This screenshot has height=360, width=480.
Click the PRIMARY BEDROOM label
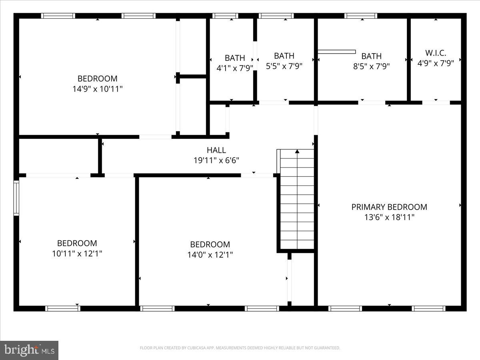389,207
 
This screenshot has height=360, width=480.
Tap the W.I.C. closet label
436,53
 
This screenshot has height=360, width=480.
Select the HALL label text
216,150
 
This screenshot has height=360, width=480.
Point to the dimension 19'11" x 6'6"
216,160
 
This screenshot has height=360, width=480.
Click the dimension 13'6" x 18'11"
389,217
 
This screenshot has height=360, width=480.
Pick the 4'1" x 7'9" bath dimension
234,68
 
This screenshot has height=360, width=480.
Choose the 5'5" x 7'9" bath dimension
284,66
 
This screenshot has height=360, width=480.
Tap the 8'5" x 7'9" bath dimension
371,66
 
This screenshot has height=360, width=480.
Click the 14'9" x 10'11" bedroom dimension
97,89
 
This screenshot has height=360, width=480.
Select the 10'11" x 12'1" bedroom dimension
77,253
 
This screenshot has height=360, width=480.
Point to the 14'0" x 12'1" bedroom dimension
210,254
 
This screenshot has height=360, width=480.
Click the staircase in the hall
297,200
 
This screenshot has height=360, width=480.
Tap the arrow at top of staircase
297,152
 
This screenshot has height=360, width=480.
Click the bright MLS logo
29,350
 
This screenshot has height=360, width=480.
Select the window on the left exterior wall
16,198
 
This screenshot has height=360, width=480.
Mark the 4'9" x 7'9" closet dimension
436,63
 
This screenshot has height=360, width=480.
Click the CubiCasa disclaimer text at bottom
240,348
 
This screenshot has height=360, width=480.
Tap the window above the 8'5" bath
361,16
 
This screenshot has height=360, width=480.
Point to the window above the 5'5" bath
276,16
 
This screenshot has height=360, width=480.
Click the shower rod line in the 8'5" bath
336,52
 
